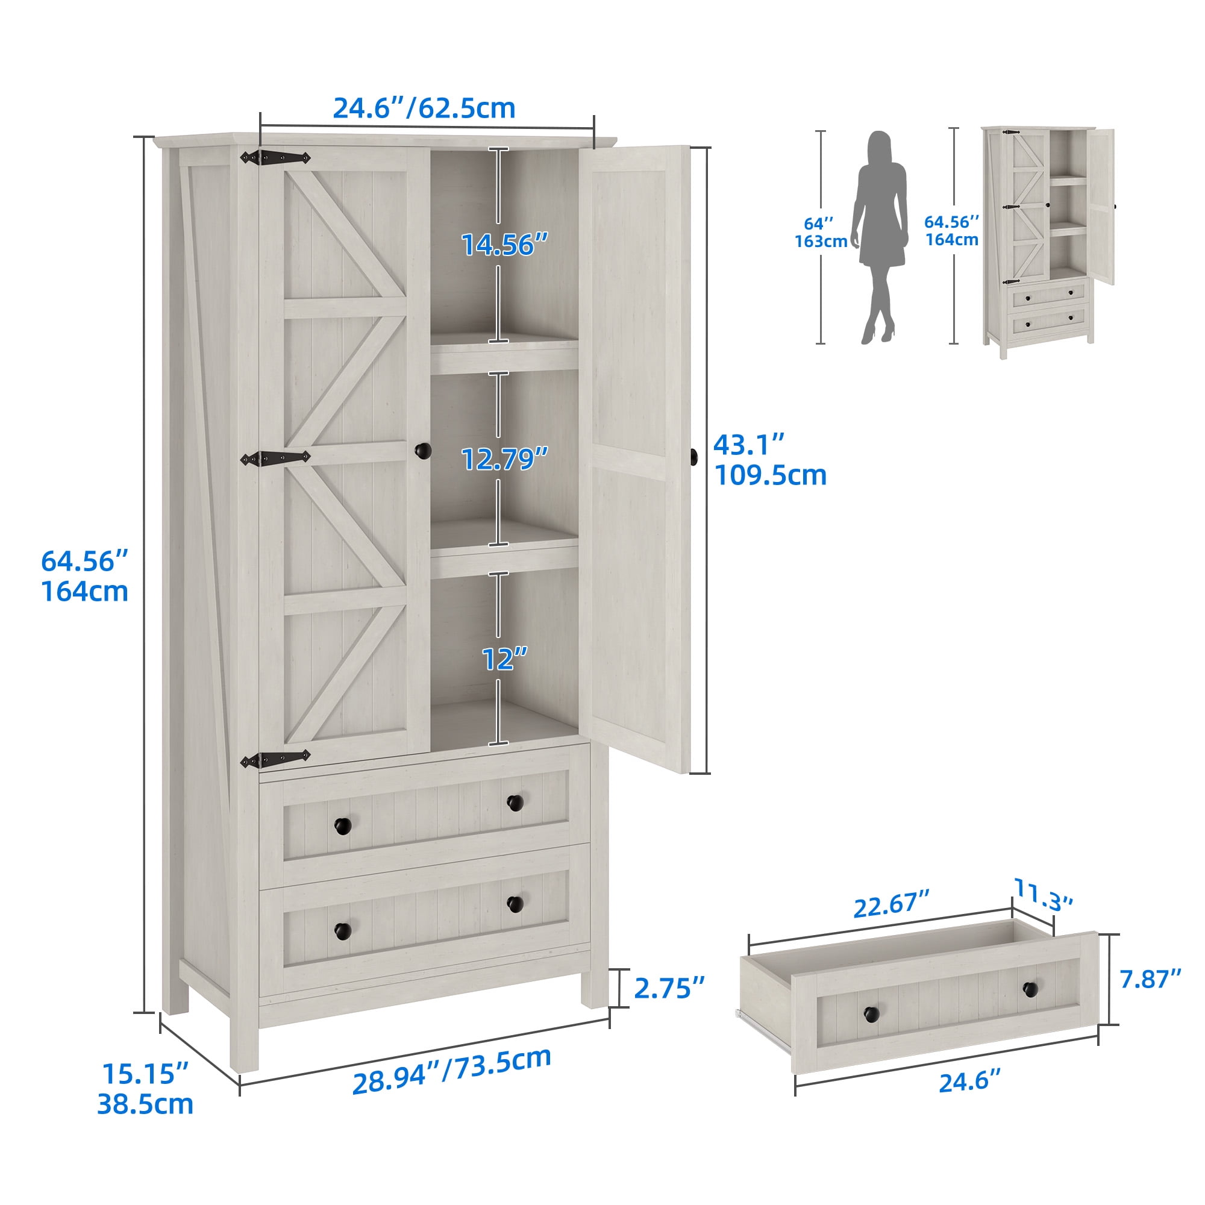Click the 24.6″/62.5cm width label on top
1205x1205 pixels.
424,108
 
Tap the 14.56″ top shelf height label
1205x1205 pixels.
504,245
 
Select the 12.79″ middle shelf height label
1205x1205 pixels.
504,459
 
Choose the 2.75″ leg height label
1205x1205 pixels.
669,988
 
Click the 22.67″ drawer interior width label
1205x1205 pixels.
891,905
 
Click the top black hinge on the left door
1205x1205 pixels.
275,158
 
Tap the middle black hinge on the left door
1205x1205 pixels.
275,459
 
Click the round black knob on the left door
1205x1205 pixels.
423,450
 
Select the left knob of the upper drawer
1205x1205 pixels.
342,827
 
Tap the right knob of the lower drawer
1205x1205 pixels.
515,904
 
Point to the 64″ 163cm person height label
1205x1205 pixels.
820,233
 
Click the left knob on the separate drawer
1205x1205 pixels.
871,1015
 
